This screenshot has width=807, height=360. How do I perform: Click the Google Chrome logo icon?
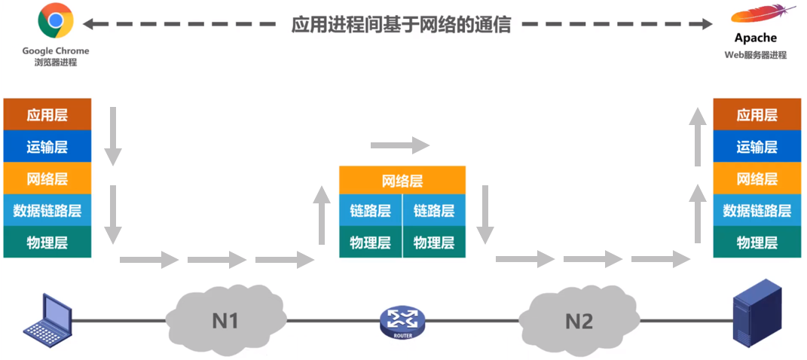(56, 20)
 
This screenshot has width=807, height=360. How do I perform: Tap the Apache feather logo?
(763, 15)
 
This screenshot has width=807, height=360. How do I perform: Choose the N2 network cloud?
(578, 319)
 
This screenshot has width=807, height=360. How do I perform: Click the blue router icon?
(402, 322)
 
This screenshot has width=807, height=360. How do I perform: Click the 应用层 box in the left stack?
(47, 114)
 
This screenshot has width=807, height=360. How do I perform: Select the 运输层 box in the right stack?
(757, 147)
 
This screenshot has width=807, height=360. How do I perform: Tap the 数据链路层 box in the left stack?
(47, 210)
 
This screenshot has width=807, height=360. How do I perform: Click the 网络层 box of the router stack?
(402, 181)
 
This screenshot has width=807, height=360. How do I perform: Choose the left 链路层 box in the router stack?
(371, 211)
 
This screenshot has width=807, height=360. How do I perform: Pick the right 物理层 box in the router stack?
(434, 243)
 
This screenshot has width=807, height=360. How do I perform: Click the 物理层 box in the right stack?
(757, 243)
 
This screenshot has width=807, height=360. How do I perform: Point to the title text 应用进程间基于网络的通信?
(402, 24)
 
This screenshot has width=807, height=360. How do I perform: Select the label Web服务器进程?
(756, 55)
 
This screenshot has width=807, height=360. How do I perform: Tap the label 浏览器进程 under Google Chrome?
(56, 63)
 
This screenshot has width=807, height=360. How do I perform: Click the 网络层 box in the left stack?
(47, 178)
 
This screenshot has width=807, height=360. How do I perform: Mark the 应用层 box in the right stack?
(757, 114)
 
